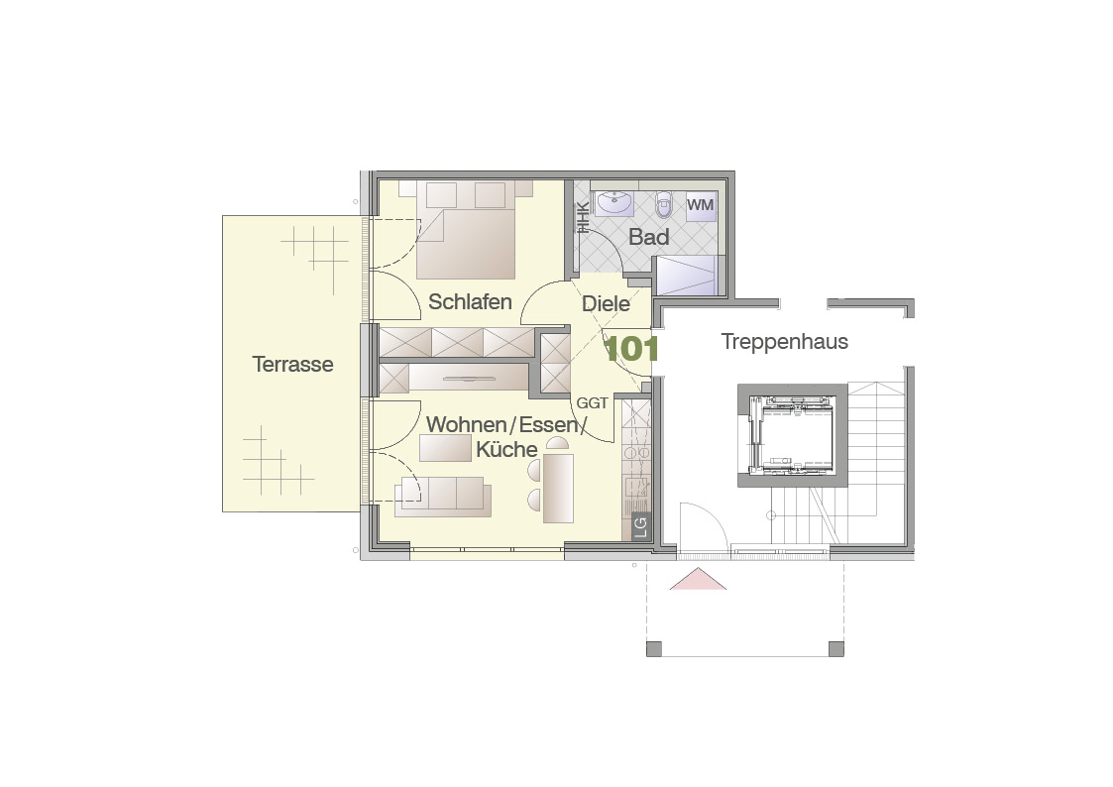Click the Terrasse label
[292, 364]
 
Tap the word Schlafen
[470, 301]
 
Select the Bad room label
[649, 236]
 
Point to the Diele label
[606, 303]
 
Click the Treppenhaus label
[784, 341]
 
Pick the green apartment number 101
[630, 349]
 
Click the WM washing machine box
[701, 205]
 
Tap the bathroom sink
[614, 203]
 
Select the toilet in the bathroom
[664, 204]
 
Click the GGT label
[592, 403]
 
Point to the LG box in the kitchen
[640, 526]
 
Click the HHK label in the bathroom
[582, 218]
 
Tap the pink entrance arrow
[698, 579]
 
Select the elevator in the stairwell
[792, 434]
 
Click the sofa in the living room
[443, 496]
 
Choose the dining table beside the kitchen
[558, 489]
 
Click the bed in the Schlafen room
[466, 230]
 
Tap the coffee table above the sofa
[445, 448]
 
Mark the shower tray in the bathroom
[686, 276]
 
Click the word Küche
[506, 449]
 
